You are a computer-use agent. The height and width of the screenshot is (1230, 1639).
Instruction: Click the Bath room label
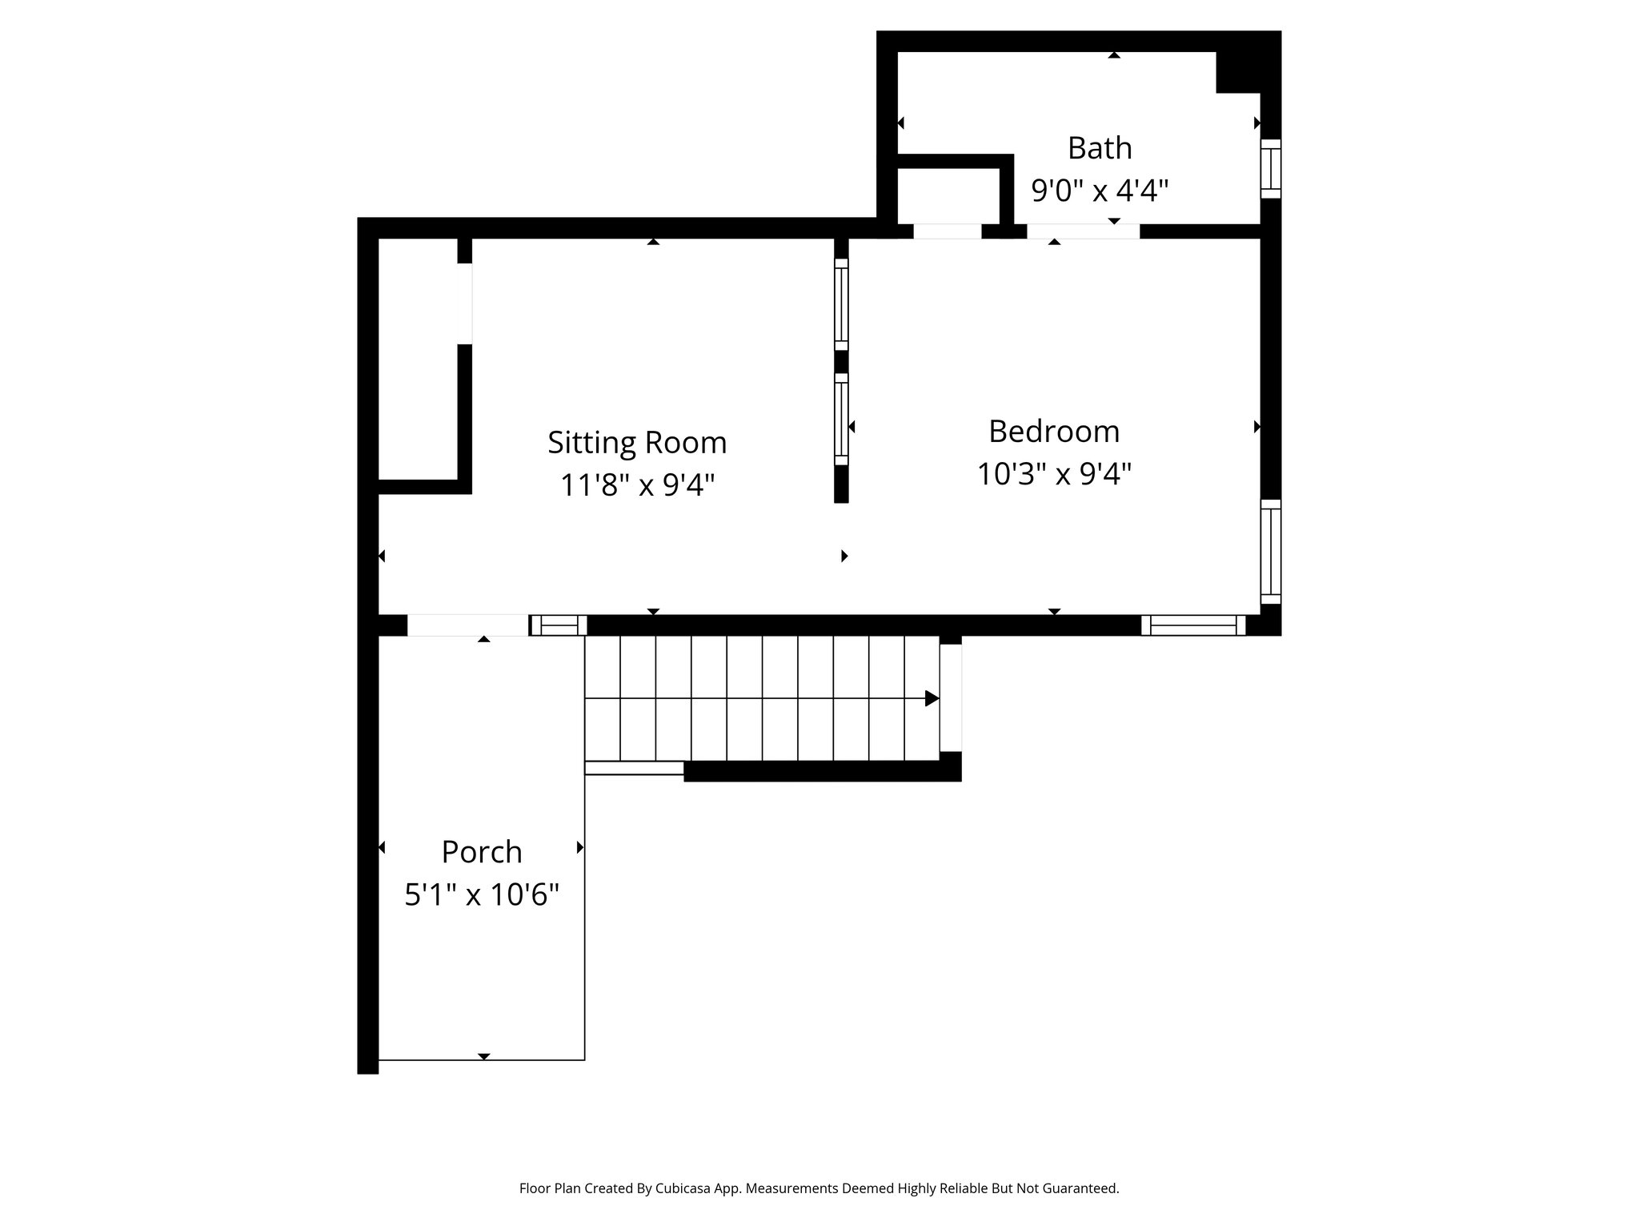click(1100, 148)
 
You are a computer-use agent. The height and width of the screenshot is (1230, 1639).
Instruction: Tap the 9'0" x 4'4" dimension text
click(1100, 191)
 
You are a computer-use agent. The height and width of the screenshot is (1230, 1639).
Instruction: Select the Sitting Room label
click(637, 443)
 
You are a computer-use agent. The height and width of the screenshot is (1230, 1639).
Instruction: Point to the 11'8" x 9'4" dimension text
click(637, 485)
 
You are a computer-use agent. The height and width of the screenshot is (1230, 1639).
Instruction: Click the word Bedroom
click(1053, 432)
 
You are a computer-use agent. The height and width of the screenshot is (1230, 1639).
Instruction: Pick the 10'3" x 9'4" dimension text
click(1053, 474)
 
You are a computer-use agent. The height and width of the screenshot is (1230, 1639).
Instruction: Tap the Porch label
click(482, 852)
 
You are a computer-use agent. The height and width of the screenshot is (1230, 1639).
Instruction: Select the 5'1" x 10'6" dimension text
click(482, 894)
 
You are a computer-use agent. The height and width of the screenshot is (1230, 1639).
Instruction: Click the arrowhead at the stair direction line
click(932, 698)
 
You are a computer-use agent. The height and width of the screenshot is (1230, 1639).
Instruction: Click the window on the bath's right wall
click(1270, 169)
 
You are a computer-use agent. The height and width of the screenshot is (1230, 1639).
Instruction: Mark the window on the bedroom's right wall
click(1270, 552)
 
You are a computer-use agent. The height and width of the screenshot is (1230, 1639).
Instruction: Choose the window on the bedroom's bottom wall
click(1193, 625)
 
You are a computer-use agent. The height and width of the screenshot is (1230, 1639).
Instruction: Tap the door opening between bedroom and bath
click(1083, 231)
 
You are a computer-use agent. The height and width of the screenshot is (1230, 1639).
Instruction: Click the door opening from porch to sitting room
click(468, 625)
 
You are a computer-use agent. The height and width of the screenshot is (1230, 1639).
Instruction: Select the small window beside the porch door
click(559, 625)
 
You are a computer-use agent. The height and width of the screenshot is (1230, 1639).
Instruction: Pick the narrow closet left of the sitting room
click(417, 360)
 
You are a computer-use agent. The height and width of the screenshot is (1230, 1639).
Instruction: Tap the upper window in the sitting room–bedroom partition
click(841, 304)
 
